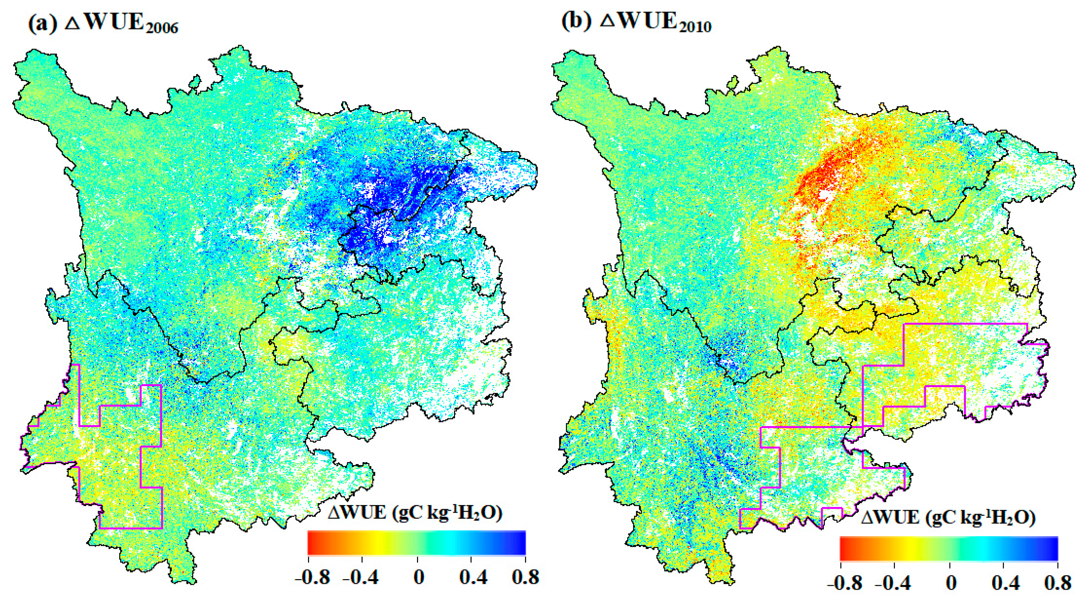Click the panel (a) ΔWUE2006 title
[103, 23]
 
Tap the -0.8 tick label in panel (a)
[312, 578]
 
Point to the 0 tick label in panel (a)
[418, 578]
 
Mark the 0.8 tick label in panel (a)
[525, 578]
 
